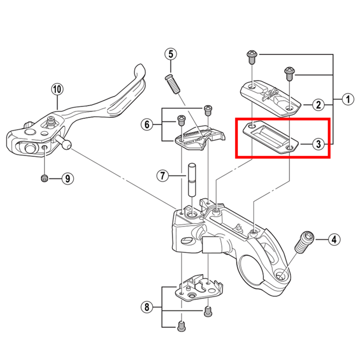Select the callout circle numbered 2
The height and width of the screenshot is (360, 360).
tap(318, 105)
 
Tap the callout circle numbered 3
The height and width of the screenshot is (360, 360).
tap(318, 144)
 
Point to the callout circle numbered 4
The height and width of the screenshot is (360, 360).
tap(333, 239)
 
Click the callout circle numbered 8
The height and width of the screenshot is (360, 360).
tap(146, 308)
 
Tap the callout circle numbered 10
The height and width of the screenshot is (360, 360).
tap(56, 89)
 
